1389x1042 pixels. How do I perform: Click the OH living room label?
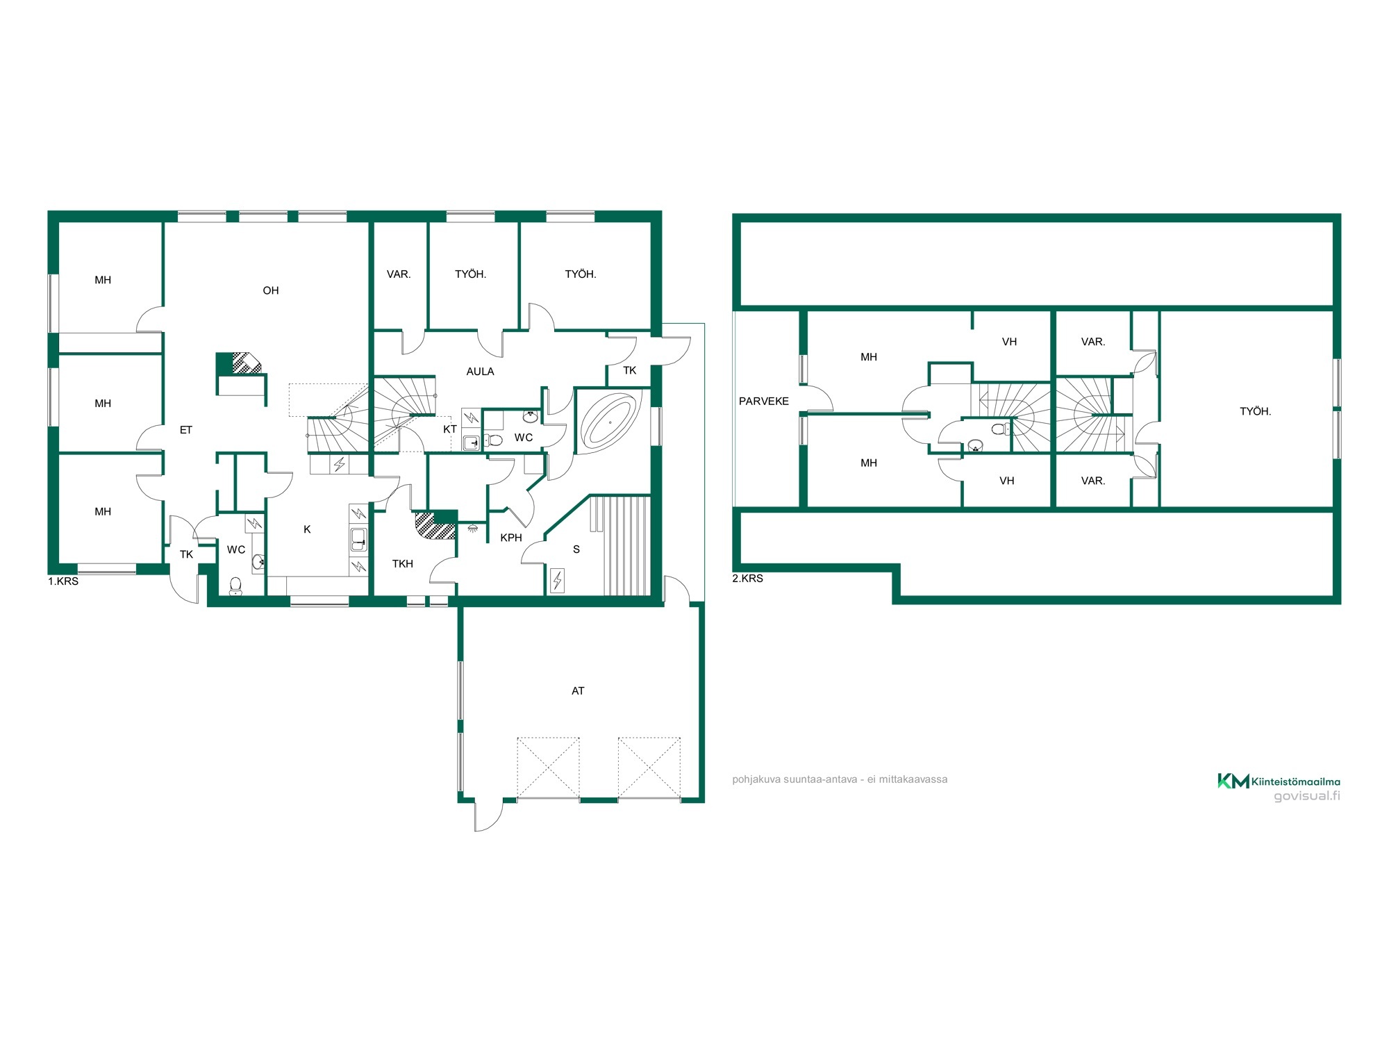click(x=271, y=290)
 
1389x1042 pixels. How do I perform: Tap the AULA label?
click(x=480, y=372)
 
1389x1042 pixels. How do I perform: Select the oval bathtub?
click(x=609, y=422)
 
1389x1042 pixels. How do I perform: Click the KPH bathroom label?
click(x=511, y=538)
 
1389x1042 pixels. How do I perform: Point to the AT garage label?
click(x=578, y=690)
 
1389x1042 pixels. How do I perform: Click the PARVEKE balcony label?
click(x=764, y=401)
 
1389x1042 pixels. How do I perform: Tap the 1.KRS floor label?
click(x=63, y=581)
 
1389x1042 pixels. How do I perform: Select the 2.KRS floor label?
click(x=747, y=578)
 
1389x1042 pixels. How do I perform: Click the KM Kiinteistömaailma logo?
click(x=1279, y=781)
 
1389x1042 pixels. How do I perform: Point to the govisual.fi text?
click(x=1307, y=796)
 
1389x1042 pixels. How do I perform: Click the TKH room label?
click(x=403, y=563)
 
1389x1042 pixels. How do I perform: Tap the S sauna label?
click(x=576, y=549)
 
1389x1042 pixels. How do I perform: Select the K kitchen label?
click(x=307, y=529)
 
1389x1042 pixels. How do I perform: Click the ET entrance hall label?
click(x=186, y=430)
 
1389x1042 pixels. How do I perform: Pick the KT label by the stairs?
click(x=450, y=429)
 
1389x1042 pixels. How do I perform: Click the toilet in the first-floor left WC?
click(x=235, y=586)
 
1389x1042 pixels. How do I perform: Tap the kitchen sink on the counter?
click(x=358, y=539)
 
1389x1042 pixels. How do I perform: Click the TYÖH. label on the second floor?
click(x=1256, y=411)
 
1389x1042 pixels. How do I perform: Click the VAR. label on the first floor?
click(x=399, y=274)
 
